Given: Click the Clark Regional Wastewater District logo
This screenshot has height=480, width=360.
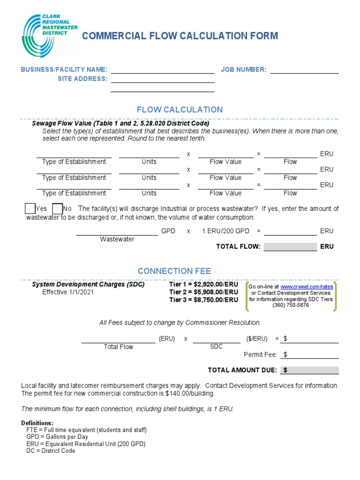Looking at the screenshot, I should [x=49, y=36].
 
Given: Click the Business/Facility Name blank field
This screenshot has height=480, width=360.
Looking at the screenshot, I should [x=162, y=70].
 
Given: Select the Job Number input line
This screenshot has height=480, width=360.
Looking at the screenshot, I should [x=304, y=70].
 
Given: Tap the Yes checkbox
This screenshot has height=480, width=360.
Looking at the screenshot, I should [x=30, y=209].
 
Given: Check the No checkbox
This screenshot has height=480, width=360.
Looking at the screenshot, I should [x=57, y=209].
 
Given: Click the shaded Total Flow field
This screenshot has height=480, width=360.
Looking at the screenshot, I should [x=290, y=247].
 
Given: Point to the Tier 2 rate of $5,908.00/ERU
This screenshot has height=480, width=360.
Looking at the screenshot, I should [x=203, y=292].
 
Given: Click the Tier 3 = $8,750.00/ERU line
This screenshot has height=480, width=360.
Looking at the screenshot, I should [x=203, y=300].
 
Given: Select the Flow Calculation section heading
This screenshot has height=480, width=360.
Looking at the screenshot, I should [x=180, y=110].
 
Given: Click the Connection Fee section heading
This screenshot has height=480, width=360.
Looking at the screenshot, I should [x=174, y=271].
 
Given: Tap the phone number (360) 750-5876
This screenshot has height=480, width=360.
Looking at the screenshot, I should [x=291, y=305].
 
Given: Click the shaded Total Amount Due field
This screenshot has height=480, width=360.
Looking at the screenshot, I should [x=309, y=370].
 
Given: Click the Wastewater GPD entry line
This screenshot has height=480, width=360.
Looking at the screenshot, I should [x=117, y=232].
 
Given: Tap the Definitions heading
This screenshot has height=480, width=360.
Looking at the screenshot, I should [x=37, y=423].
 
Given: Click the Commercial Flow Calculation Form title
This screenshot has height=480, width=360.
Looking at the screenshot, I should [x=180, y=36].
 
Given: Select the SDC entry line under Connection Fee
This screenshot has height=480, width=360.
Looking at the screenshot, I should [x=216, y=339].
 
